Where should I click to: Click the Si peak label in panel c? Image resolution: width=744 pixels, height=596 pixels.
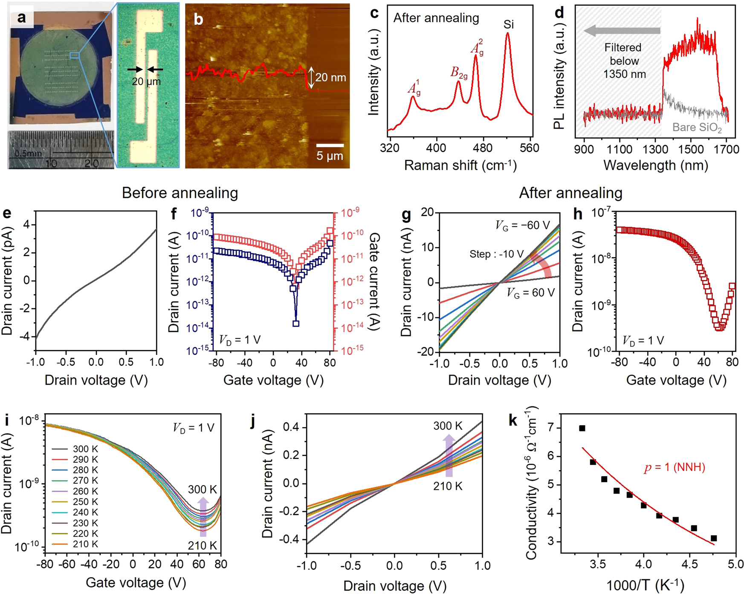[508, 24]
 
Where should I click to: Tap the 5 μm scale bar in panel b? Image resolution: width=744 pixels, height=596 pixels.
[330, 145]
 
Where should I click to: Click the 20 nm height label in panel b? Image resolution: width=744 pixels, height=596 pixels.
[330, 77]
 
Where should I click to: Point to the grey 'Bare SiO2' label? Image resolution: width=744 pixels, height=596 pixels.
[697, 128]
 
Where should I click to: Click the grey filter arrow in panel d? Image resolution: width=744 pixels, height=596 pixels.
[622, 30]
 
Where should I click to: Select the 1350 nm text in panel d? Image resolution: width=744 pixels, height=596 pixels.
[624, 74]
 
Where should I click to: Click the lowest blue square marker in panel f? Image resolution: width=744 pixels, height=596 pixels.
[296, 323]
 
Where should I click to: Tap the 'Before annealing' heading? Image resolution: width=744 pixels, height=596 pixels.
[179, 193]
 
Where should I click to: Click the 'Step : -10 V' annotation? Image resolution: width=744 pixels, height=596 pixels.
[496, 254]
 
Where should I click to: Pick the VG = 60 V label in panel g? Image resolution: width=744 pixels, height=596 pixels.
[531, 293]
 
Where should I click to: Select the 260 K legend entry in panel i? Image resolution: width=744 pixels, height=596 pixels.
[85, 491]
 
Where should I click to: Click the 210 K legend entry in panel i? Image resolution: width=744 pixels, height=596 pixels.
[85, 544]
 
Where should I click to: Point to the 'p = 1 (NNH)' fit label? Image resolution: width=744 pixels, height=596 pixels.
[674, 468]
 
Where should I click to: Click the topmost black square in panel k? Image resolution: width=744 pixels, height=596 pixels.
[582, 428]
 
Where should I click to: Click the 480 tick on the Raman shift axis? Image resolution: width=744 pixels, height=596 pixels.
[483, 148]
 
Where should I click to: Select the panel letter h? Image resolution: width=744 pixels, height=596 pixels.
[578, 214]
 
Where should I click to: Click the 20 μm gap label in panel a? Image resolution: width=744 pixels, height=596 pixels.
[146, 81]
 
